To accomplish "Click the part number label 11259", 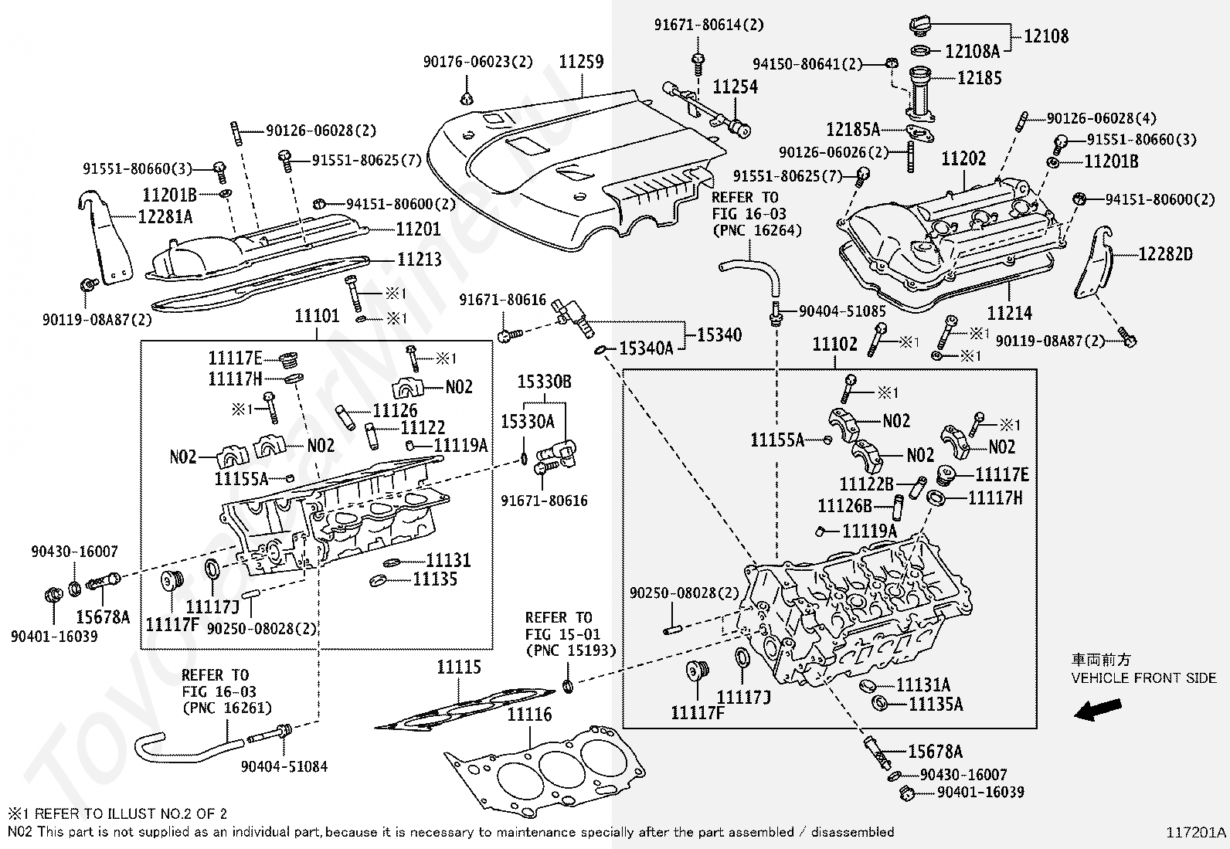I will (x=581, y=62).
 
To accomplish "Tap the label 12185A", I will (x=853, y=129).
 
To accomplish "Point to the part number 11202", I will (x=963, y=159).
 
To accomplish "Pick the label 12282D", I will (x=1165, y=253).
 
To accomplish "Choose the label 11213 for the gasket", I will (x=419, y=259).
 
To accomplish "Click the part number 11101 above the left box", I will (x=317, y=316).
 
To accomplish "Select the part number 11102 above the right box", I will (x=834, y=344).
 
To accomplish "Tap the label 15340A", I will (x=646, y=349).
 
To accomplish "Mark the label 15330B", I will (x=544, y=382).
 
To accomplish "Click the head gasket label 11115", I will (x=459, y=667).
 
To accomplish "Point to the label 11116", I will (x=529, y=715).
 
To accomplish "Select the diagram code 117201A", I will (x=1196, y=832).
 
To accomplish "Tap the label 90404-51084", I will (x=284, y=766).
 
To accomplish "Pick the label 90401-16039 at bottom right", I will (x=980, y=792).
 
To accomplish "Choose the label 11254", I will (x=735, y=87).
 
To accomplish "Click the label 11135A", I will (x=936, y=704).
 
